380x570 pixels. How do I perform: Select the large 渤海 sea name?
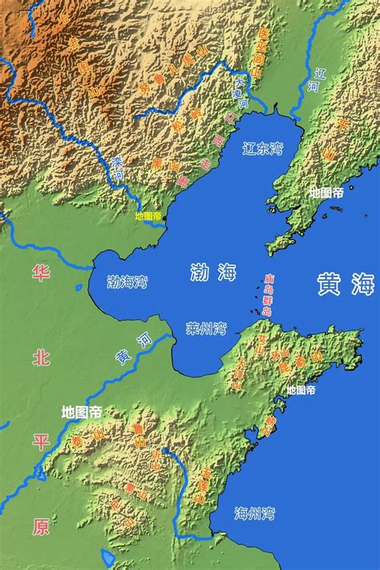[213, 273]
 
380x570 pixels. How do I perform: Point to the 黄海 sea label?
[346, 285]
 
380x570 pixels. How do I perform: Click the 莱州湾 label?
[206, 329]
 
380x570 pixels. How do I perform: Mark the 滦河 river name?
[118, 168]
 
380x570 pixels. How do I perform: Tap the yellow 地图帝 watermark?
[148, 216]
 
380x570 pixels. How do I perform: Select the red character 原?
[40, 526]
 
